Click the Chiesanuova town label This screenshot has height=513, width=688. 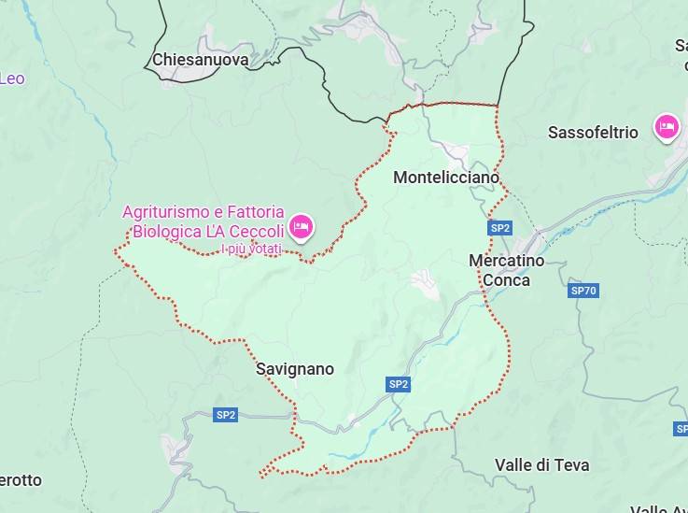pos(200,60)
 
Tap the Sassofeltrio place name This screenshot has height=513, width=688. pos(593,133)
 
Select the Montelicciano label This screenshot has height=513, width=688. pos(446,177)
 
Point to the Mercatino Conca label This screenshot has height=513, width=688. pos(506,270)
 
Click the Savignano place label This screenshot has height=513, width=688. pos(295,369)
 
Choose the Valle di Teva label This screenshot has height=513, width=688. pos(541,464)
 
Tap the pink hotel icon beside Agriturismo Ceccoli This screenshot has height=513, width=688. pos(301,226)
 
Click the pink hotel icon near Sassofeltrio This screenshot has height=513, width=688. pos(666,127)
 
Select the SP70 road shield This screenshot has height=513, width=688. pos(583,291)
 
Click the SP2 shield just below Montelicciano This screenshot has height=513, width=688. pos(500,228)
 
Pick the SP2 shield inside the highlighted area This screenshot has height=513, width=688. pos(399,384)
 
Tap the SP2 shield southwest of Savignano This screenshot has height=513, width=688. pos(225,415)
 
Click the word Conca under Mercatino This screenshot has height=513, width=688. pos(506,280)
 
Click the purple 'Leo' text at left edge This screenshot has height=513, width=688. pos(11,78)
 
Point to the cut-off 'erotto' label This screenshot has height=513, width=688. pos(20,480)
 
